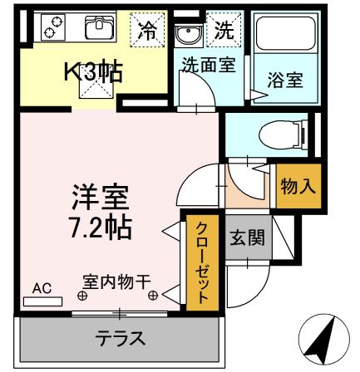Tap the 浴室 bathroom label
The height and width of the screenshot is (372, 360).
tap(284, 81)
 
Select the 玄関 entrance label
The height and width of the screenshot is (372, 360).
tap(247, 238)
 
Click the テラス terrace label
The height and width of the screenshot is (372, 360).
tap(121, 338)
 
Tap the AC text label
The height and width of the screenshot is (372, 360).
tap(42, 288)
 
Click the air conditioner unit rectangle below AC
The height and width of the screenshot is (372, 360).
tap(42, 301)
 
